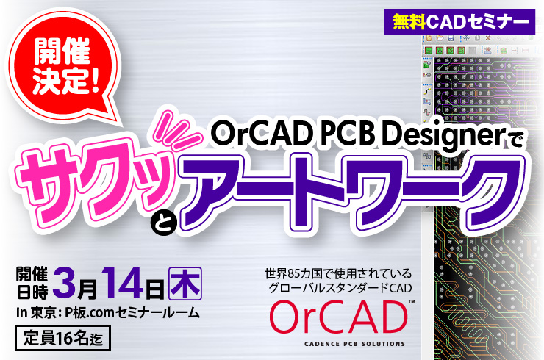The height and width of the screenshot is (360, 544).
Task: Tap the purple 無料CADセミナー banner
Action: (x=459, y=22)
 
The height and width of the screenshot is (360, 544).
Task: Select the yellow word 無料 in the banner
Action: (x=409, y=22)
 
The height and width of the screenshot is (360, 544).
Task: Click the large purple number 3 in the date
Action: (x=64, y=283)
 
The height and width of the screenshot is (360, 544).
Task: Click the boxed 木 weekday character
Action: (x=185, y=284)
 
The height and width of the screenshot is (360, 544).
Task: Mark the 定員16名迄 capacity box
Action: (x=62, y=338)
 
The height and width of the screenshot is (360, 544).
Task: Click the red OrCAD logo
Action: (x=338, y=317)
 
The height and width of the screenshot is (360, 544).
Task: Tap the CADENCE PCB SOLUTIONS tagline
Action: (x=354, y=344)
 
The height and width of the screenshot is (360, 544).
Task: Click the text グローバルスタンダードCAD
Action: (x=340, y=288)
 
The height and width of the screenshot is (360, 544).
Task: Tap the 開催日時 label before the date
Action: (x=32, y=284)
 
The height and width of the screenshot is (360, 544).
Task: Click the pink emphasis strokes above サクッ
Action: (x=176, y=128)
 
